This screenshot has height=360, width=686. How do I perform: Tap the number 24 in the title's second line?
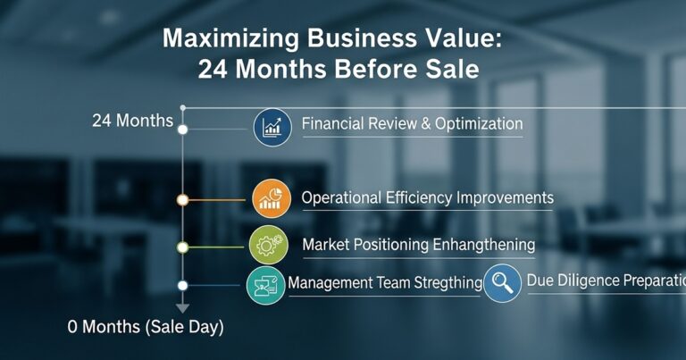(x=215, y=71)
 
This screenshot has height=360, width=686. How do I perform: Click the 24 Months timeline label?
(x=132, y=121)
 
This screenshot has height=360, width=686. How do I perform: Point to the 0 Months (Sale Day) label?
(x=146, y=327)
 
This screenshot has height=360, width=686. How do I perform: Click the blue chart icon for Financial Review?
(x=272, y=127)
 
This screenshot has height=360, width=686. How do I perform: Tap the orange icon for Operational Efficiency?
(x=271, y=198)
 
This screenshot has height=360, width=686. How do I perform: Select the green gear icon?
(x=268, y=244)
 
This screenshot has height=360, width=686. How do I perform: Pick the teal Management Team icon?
(x=265, y=284)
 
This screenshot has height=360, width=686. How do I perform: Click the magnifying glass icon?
(x=502, y=282)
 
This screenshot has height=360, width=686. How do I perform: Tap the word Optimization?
(x=478, y=124)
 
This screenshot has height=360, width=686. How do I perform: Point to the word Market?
(x=326, y=244)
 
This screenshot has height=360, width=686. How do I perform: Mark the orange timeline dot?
(x=182, y=200)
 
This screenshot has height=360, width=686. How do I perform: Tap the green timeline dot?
(x=182, y=246)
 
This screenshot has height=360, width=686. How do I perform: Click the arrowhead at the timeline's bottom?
(x=182, y=308)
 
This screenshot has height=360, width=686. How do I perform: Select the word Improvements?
(x=505, y=197)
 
